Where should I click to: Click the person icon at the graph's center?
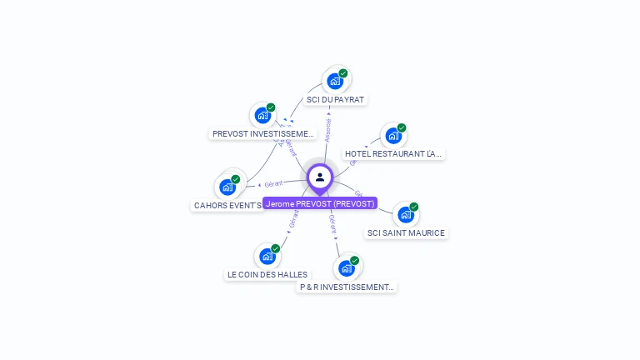320,177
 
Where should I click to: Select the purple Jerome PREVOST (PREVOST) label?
320,203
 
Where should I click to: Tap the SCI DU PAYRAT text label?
335,100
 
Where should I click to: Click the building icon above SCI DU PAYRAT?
335,81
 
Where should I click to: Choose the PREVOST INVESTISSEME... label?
263,133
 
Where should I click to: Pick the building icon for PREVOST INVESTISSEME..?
262,115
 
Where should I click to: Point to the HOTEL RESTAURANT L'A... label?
394,154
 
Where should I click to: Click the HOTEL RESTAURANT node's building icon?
393,135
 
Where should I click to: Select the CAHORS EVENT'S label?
227,205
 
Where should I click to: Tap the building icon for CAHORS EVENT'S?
227,187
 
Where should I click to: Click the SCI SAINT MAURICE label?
406,233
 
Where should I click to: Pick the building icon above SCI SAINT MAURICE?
406,214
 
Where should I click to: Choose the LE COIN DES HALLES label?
267,274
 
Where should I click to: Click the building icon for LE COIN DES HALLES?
267,256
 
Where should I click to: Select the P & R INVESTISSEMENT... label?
347,287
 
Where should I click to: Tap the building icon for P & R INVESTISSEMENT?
347,268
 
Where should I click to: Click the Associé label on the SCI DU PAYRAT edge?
328,128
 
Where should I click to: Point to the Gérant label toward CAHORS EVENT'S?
274,183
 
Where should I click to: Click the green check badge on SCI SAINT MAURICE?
414,207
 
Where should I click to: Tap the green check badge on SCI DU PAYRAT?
343,73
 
